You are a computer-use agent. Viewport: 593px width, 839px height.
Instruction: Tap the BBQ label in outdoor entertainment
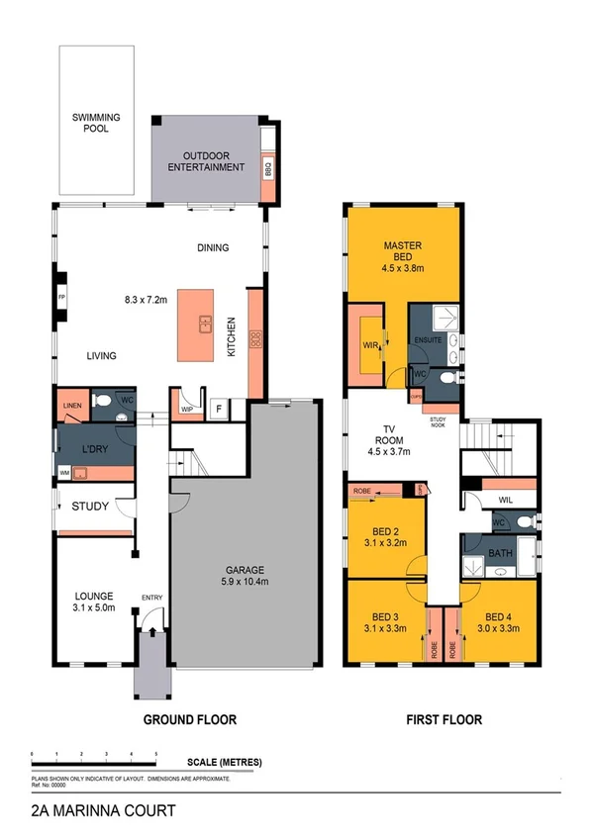[x=268, y=168]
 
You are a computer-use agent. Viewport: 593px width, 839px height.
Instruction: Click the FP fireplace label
[x=60, y=298]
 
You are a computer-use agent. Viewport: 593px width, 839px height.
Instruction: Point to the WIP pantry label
[x=187, y=408]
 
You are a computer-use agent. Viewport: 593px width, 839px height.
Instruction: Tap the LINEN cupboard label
[x=71, y=406]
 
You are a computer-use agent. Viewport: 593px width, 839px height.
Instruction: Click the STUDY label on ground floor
[x=91, y=507]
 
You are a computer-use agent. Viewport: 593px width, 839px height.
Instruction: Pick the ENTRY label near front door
[x=152, y=597]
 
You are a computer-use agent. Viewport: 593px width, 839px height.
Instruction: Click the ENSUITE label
[x=428, y=340]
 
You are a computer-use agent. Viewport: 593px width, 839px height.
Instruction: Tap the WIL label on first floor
[x=505, y=501]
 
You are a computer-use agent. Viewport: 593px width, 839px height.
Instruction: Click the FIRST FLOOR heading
[x=443, y=719]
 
